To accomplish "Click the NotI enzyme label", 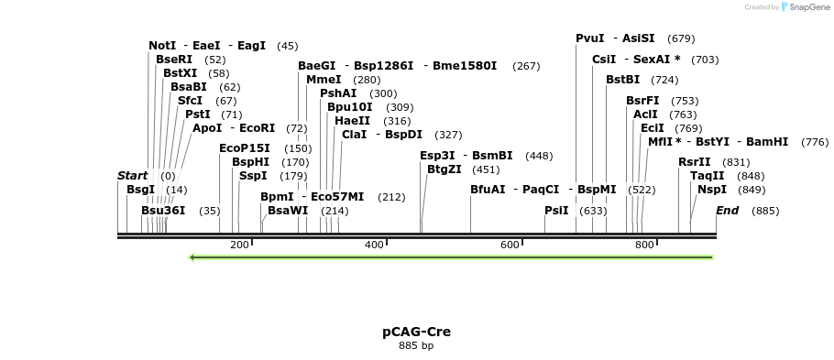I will (162, 46).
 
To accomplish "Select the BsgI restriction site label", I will (141, 190).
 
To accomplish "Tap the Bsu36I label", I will (162, 211).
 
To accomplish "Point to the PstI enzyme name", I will (197, 115).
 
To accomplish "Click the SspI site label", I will (253, 176).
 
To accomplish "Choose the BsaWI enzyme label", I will (288, 211).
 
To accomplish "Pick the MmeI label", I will (317, 80).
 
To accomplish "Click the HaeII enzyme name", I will (353, 121).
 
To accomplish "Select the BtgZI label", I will (444, 169).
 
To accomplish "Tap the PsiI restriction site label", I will (556, 211).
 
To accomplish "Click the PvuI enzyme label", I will (590, 38).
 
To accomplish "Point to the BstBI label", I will (622, 80).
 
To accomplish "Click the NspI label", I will (712, 190).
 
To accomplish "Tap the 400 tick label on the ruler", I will (374, 245).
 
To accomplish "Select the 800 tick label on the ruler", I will (644, 245).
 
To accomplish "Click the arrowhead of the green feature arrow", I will (192, 257).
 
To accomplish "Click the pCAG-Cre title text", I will (416, 332).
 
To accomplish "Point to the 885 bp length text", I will (416, 346).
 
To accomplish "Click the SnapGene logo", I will (804, 7).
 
